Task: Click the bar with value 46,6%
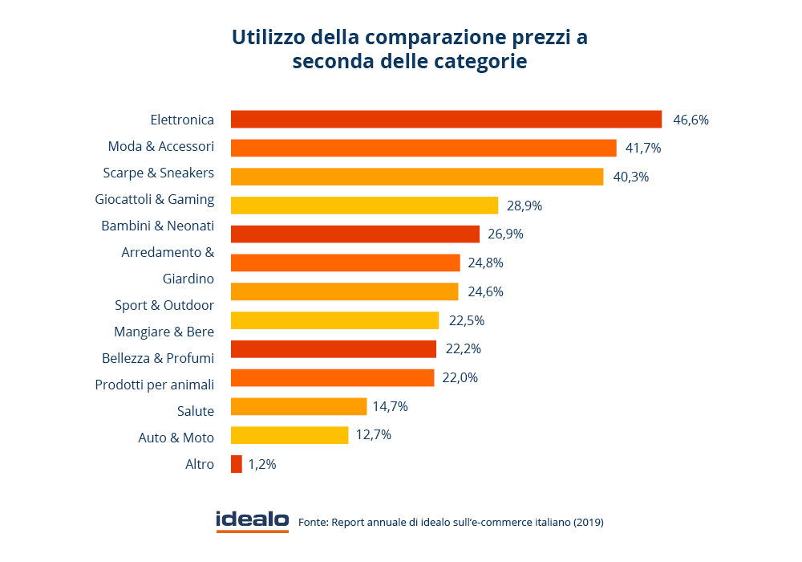pyautogui.click(x=446, y=120)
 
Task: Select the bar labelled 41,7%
pyautogui.click(x=423, y=149)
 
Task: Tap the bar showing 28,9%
pyautogui.click(x=364, y=206)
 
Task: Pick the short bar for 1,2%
pyautogui.click(x=236, y=464)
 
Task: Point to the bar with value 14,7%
pyautogui.click(x=298, y=407)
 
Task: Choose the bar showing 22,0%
pyautogui.click(x=332, y=378)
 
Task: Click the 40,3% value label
pyautogui.click(x=630, y=177)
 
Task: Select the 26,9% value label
pyautogui.click(x=506, y=234)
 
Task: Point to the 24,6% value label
pyautogui.click(x=485, y=291)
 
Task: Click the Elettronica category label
pyautogui.click(x=182, y=120)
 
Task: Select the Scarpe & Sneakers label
pyautogui.click(x=159, y=173)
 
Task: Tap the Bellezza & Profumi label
pyautogui.click(x=158, y=358)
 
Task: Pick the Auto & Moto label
pyautogui.click(x=176, y=438)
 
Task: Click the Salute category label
pyautogui.click(x=196, y=411)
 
